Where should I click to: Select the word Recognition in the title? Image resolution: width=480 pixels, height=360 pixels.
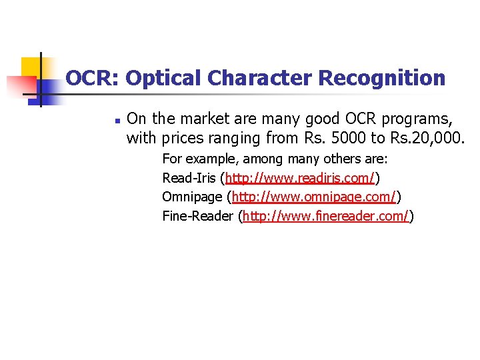coord(382,79)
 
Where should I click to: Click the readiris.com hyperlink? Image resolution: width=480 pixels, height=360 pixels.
coord(300,179)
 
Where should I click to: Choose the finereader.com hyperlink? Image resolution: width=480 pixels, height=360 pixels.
coord(325,216)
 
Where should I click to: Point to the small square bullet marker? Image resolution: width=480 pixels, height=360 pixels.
coord(116,122)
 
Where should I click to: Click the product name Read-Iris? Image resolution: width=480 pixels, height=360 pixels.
coord(189,179)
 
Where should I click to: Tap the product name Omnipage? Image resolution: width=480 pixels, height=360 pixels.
coord(193,197)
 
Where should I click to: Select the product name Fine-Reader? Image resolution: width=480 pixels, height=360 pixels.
coord(198,216)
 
